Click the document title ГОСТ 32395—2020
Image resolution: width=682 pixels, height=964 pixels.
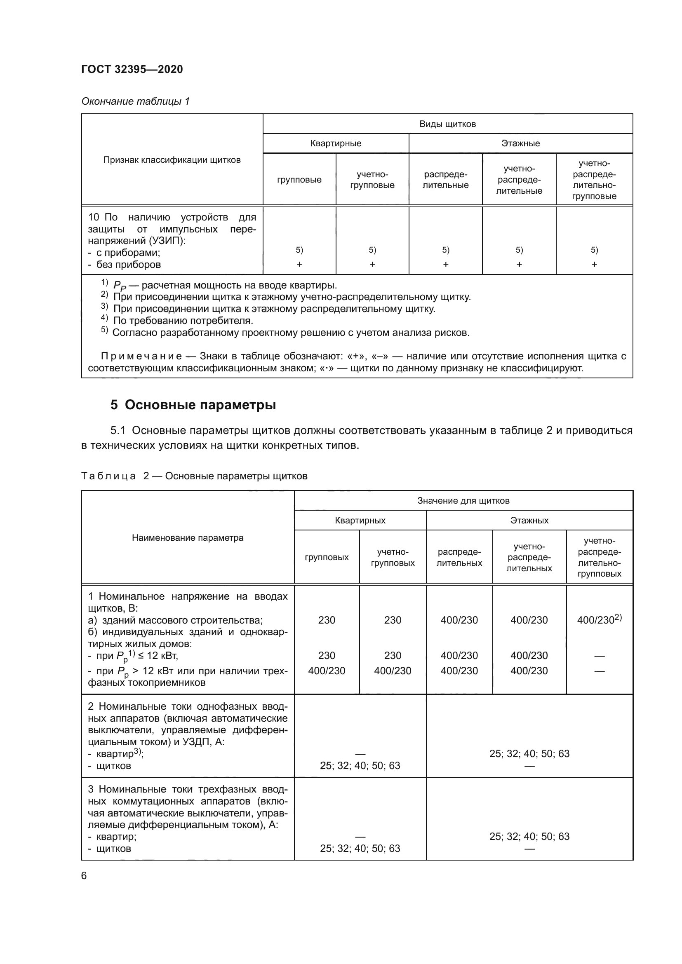[x=132, y=69]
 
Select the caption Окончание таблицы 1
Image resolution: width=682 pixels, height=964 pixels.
[x=135, y=101]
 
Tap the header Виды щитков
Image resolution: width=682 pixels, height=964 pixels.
[x=447, y=124]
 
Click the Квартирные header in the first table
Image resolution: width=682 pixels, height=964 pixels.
[x=336, y=143]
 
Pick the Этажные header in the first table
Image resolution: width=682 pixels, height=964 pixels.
[x=520, y=143]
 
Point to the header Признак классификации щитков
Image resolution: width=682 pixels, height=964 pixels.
[x=172, y=159]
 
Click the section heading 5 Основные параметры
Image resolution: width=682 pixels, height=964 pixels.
[x=193, y=405]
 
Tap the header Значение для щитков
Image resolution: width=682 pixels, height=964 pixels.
[x=463, y=500]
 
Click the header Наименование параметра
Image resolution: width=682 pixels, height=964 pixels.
[x=187, y=537]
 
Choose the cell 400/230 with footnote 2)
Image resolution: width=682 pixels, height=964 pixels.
[x=599, y=620]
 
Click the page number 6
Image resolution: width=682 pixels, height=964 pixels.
[x=84, y=875]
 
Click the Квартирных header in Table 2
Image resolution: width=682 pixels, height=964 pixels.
[x=360, y=520]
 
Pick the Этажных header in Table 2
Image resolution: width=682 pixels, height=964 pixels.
[x=529, y=520]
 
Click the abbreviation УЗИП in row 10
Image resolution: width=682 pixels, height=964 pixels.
[x=166, y=241]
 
